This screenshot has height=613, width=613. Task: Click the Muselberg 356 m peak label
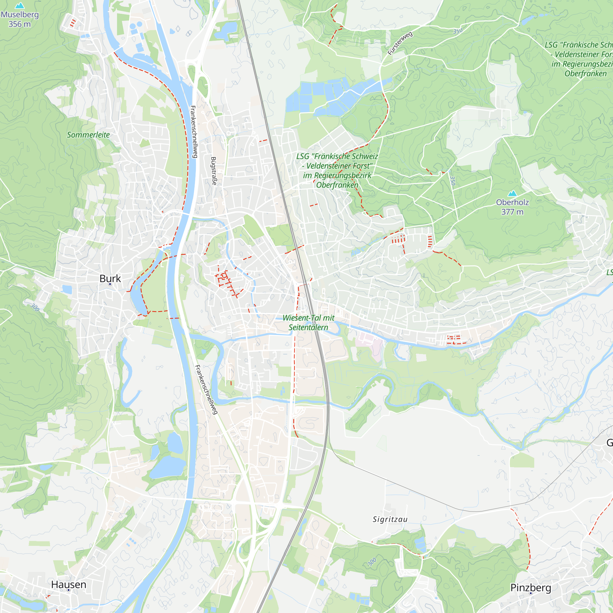[20, 19]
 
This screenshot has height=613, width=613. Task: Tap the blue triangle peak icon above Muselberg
[20, 6]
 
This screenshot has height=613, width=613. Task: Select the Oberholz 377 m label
[512, 207]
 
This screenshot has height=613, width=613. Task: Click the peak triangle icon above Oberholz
[512, 193]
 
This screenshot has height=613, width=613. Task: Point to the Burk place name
[110, 278]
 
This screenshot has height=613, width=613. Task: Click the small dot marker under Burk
[110, 284]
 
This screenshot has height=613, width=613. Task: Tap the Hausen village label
[69, 584]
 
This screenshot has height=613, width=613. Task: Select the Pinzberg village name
[531, 588]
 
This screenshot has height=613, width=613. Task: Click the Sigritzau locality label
[390, 520]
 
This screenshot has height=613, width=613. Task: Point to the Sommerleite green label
[88, 135]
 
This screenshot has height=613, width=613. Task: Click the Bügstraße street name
[214, 171]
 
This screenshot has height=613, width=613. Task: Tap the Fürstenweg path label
[400, 43]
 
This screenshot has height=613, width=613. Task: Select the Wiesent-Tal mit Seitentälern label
[308, 322]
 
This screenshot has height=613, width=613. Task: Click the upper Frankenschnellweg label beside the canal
[194, 132]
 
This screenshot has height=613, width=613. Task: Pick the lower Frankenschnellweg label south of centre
[207, 390]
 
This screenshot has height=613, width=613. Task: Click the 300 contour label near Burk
[35, 307]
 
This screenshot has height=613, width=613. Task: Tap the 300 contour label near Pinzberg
[372, 562]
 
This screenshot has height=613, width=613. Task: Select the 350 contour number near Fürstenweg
[458, 31]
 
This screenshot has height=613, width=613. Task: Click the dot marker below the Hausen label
[69, 590]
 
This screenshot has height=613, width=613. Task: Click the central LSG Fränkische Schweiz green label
[337, 170]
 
